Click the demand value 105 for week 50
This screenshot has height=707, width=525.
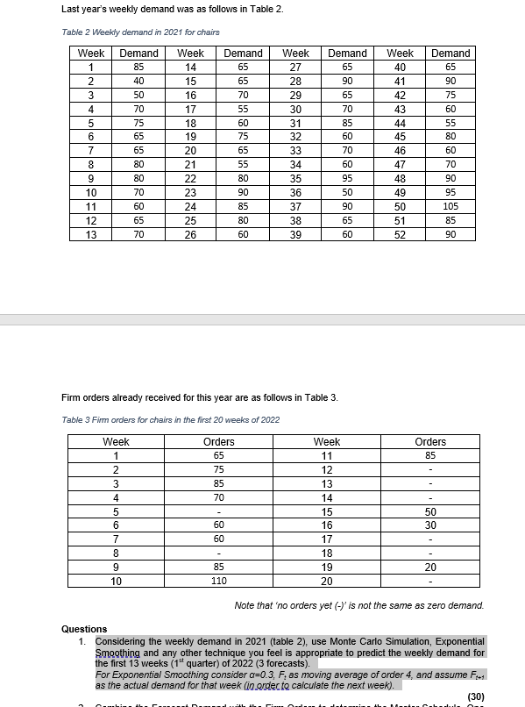pos(451,206)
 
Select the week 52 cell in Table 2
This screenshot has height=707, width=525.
pos(401,234)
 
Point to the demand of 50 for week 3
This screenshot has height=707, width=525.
pos(138,95)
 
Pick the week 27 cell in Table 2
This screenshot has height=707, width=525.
pos(295,67)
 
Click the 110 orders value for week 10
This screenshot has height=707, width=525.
pos(218,581)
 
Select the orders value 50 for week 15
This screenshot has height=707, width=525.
pos(430,511)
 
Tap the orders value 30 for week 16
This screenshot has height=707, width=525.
pos(430,525)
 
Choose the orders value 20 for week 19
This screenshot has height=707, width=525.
pos(430,567)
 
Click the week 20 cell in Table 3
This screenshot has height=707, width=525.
pos(326,581)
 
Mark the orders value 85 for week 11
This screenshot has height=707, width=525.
pos(430,456)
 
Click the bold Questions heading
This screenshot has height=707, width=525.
pos(84,629)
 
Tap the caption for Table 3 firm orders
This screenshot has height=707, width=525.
pos(171,419)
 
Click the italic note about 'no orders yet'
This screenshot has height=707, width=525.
pos(359,605)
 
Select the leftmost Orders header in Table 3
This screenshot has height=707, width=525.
pos(218,442)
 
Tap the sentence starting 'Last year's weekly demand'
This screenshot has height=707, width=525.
pos(173,9)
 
